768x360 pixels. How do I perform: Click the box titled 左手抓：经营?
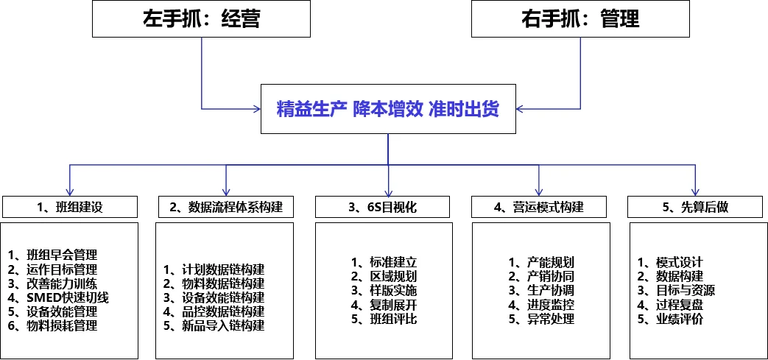[x=201, y=18]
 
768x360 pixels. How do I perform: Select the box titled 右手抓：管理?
[x=580, y=18]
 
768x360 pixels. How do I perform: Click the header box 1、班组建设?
[x=70, y=207]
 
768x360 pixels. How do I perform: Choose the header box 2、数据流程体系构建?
[x=226, y=207]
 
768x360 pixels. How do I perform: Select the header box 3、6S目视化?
[x=383, y=207]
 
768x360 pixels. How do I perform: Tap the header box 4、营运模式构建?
[x=540, y=207]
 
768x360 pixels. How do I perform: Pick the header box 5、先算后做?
[x=695, y=207]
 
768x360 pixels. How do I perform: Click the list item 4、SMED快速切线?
[x=58, y=297]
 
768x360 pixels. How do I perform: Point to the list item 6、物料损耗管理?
[x=52, y=325]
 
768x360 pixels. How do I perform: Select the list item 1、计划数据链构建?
[x=214, y=269]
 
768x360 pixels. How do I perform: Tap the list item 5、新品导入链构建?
[x=214, y=325]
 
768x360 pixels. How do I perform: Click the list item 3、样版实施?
[x=384, y=290]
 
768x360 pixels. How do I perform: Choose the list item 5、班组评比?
[x=384, y=319]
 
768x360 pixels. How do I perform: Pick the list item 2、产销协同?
[x=541, y=276]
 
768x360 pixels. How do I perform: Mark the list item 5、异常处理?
[x=541, y=319]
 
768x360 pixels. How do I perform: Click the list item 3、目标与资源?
[x=675, y=290]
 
